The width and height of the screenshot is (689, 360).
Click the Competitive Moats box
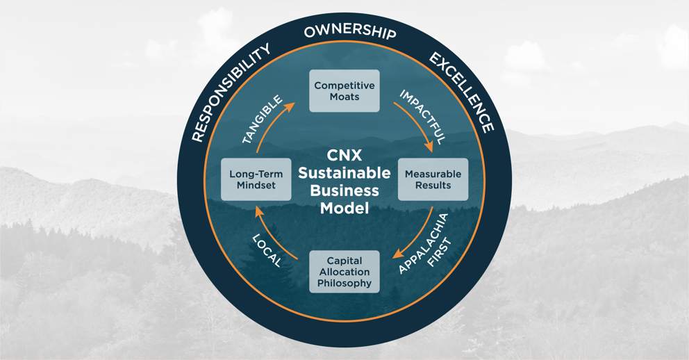click(344, 90)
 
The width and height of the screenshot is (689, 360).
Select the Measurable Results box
click(433, 179)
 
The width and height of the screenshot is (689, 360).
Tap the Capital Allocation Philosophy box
click(344, 272)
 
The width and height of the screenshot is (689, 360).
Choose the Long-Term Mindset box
click(256, 179)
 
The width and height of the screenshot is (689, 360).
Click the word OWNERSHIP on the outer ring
click(350, 32)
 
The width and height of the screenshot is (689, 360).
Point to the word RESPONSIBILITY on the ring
click(231, 92)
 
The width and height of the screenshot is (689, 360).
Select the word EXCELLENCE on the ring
click(462, 92)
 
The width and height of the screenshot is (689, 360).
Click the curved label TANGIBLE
click(263, 120)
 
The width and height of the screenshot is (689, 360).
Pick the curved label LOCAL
click(267, 251)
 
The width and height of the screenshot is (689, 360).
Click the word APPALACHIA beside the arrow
click(423, 243)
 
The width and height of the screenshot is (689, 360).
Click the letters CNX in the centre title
click(344, 155)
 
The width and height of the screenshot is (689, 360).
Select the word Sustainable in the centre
click(344, 173)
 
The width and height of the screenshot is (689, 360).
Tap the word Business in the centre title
click(344, 190)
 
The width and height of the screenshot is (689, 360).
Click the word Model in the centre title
click(344, 208)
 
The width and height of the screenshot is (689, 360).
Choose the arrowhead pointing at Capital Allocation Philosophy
click(398, 254)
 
